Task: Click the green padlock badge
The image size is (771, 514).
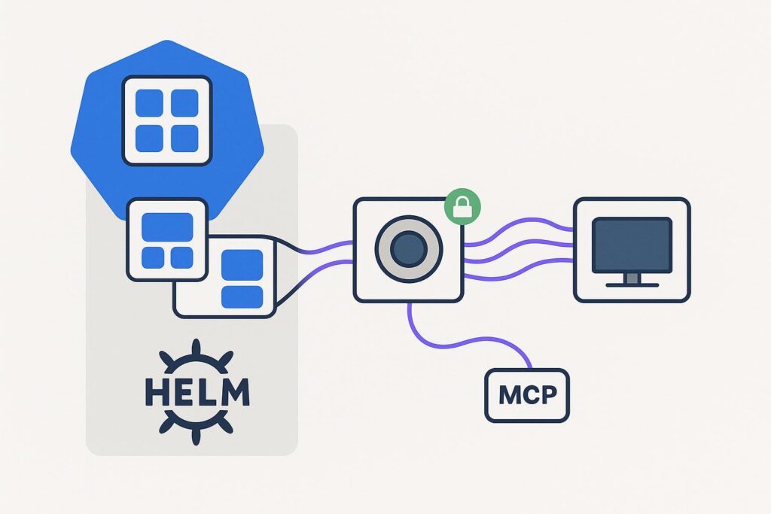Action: pos(460,205)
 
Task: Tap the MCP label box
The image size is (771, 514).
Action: pos(527,395)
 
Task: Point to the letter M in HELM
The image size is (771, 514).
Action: pos(234,393)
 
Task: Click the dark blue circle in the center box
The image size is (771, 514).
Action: pos(409,251)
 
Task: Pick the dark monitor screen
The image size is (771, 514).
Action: pos(632,244)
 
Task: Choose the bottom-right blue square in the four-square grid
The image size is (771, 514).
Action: pos(184,138)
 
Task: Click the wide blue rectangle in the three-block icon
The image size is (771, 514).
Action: pos(167,225)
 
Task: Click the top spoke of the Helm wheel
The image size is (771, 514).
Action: pos(195,348)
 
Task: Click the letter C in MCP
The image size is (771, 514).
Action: pos(529,395)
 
